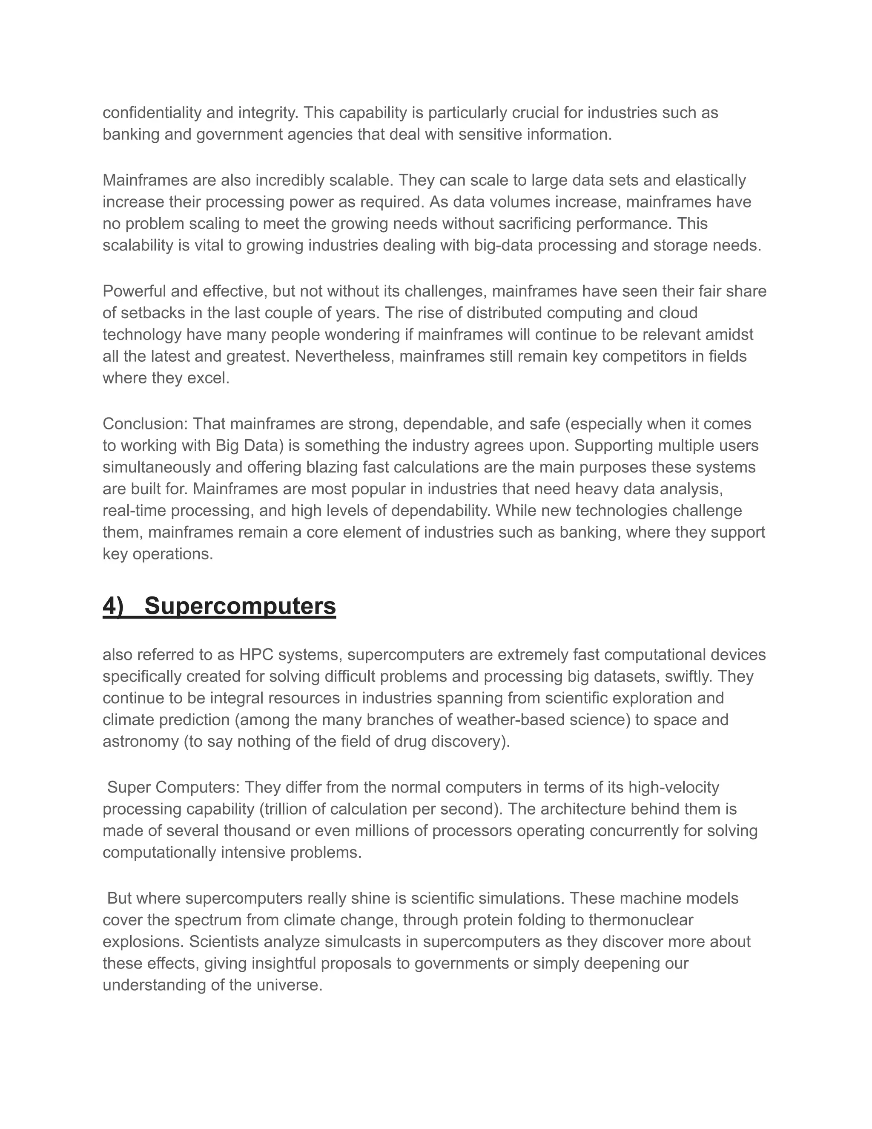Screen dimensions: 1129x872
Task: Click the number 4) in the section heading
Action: tap(113, 606)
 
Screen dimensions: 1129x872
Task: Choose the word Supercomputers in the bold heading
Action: tap(240, 606)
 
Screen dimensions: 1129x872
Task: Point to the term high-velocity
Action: tap(674, 788)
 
